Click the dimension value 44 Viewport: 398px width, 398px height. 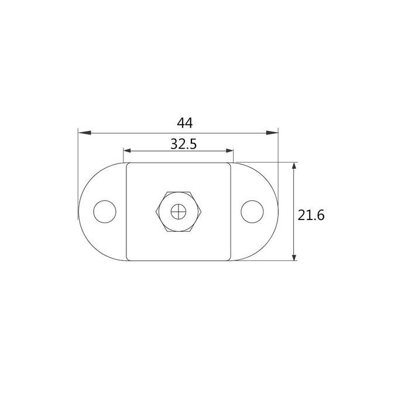point(185,123)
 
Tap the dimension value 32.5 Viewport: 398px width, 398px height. point(184,144)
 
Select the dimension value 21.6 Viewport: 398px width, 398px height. point(311,215)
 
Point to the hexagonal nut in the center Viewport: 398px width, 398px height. point(179,212)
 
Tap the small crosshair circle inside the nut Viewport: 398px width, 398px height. point(179,212)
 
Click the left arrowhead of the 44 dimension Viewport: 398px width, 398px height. point(85,133)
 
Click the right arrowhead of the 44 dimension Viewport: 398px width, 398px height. point(272,133)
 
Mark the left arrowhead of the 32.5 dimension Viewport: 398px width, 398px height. point(127,151)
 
